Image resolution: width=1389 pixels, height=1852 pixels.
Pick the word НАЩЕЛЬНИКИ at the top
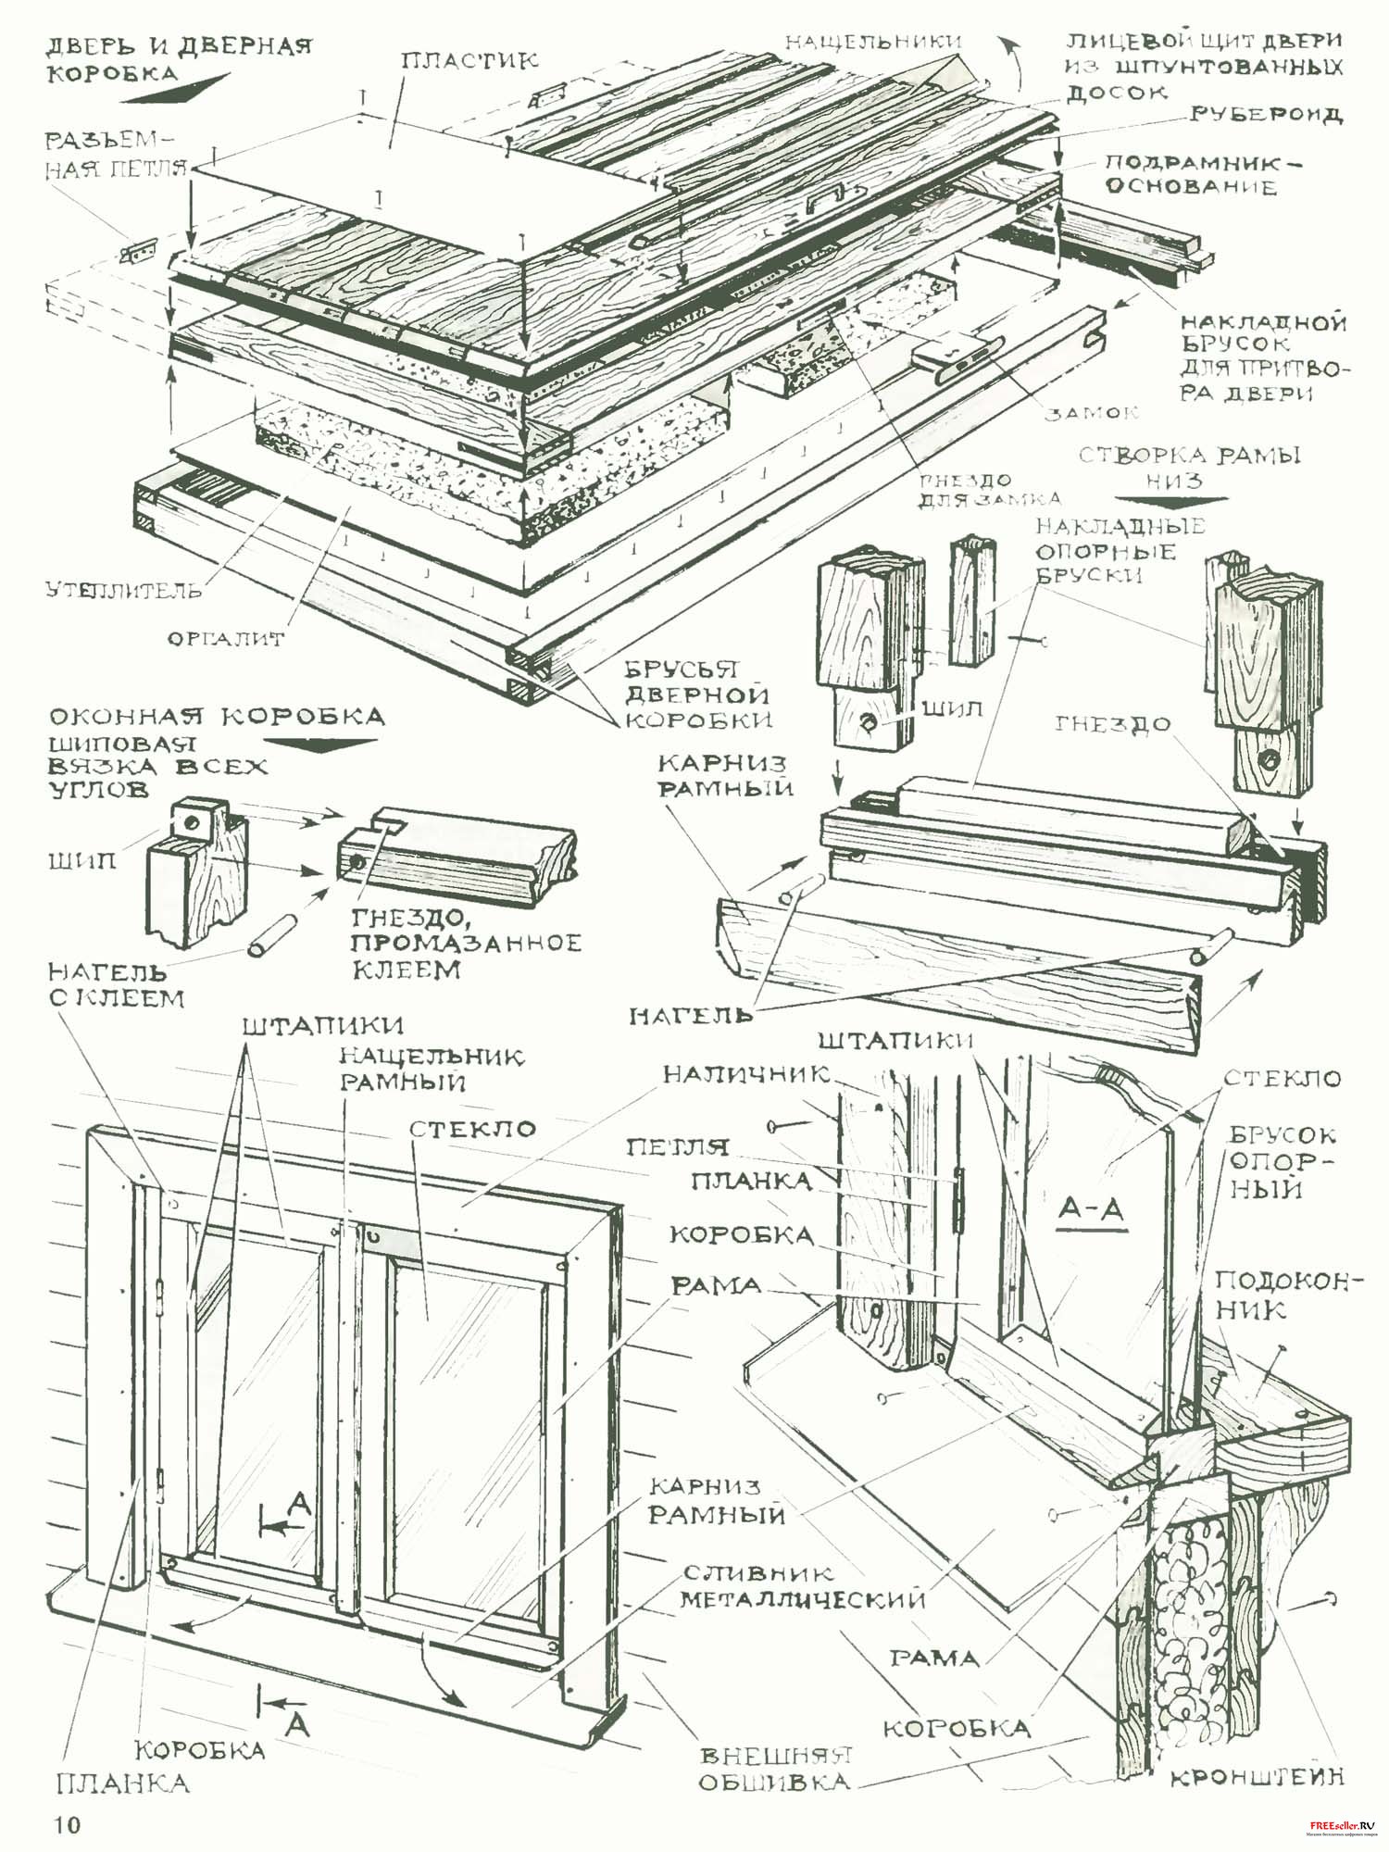tap(873, 41)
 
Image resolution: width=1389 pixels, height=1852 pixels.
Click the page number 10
tap(67, 1825)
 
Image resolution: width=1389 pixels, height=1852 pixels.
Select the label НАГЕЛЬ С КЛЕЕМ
tap(117, 984)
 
